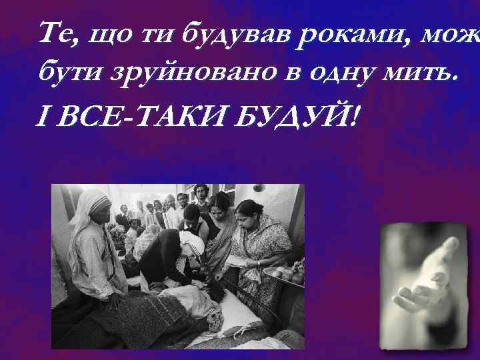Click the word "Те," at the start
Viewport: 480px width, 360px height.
click(56, 32)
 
